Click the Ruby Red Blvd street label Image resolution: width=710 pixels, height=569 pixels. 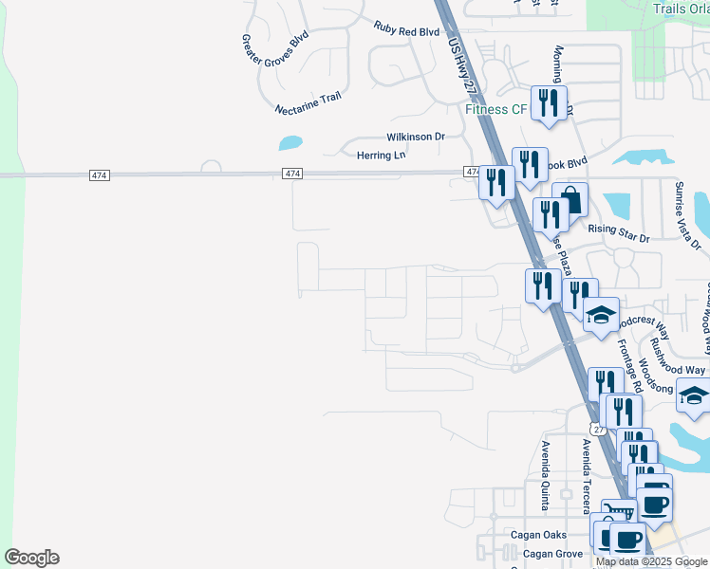406,31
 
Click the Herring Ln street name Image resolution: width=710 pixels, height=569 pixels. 381,156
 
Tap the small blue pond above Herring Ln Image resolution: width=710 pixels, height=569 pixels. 290,144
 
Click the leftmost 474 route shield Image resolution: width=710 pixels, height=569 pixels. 100,175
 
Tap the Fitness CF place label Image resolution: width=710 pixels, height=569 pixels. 495,110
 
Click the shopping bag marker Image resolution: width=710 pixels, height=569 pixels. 570,198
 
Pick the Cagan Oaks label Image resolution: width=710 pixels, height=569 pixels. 539,535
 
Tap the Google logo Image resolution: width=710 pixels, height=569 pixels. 31,558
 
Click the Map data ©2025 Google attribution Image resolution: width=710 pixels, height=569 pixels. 651,561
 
